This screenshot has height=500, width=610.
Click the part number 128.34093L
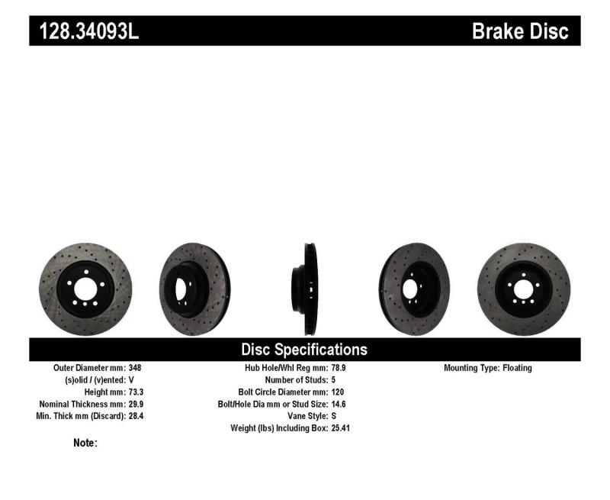[x=85, y=31]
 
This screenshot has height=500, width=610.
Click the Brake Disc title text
[x=520, y=31]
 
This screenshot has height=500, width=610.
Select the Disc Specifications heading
[x=304, y=350]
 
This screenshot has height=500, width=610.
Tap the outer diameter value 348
[x=136, y=367]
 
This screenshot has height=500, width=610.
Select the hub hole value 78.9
[x=340, y=367]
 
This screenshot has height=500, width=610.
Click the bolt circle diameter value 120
[x=339, y=392]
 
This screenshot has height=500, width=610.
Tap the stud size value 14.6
[x=340, y=404]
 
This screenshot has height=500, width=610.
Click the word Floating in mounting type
[x=517, y=367]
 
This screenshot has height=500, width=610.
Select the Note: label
[x=85, y=443]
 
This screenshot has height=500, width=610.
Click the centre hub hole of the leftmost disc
[x=85, y=290]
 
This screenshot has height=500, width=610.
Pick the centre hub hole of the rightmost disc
[x=523, y=290]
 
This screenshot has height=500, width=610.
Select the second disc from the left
[x=194, y=289]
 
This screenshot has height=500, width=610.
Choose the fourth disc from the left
[x=414, y=289]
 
